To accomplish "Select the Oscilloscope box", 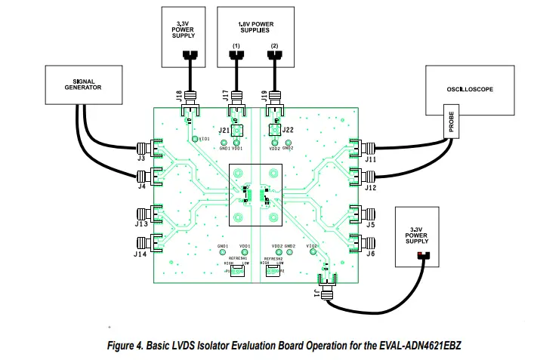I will point(469,89).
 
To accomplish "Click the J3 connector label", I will point(140,159).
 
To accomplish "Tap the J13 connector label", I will point(140,225).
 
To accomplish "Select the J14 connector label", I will point(140,254).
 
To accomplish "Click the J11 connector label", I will point(370,159).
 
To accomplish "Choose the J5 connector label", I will point(369,225).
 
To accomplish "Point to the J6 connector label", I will point(369,254).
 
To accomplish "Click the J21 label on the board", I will point(224,131).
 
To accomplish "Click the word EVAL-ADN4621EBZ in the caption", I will point(420,344).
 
